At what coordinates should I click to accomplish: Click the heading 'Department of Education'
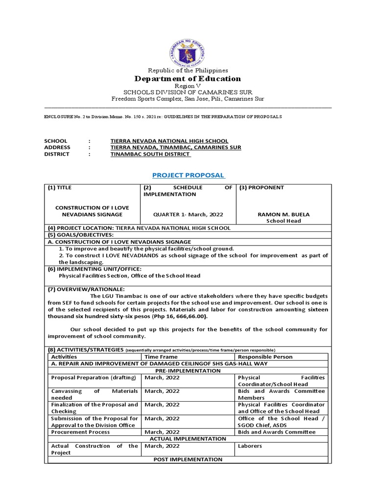pyautogui.click(x=188, y=79)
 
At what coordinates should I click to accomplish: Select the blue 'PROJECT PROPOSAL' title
pyautogui.click(x=188, y=175)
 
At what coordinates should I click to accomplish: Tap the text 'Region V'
pyautogui.click(x=188, y=86)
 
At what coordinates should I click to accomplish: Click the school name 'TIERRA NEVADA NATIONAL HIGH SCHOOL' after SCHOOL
pyautogui.click(x=169, y=141)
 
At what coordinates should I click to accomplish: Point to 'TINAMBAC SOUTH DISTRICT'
pyautogui.click(x=150, y=154)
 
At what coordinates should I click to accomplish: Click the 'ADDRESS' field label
pyautogui.click(x=57, y=147)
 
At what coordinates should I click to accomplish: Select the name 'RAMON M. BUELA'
pyautogui.click(x=282, y=214)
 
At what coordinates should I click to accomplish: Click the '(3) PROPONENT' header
pyautogui.click(x=261, y=187)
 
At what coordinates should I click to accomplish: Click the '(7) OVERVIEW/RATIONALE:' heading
pyautogui.click(x=83, y=289)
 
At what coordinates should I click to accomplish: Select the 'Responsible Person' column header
pyautogui.click(x=265, y=357)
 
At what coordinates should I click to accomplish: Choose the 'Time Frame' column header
pyautogui.click(x=161, y=357)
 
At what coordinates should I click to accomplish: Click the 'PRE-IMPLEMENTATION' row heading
pyautogui.click(x=188, y=370)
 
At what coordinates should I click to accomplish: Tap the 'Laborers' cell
pyautogui.click(x=250, y=446)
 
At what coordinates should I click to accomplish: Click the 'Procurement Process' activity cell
pyautogui.click(x=78, y=432)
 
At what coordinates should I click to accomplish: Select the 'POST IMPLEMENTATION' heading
pyautogui.click(x=188, y=459)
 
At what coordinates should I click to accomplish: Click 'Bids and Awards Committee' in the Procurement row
pyautogui.click(x=277, y=432)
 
